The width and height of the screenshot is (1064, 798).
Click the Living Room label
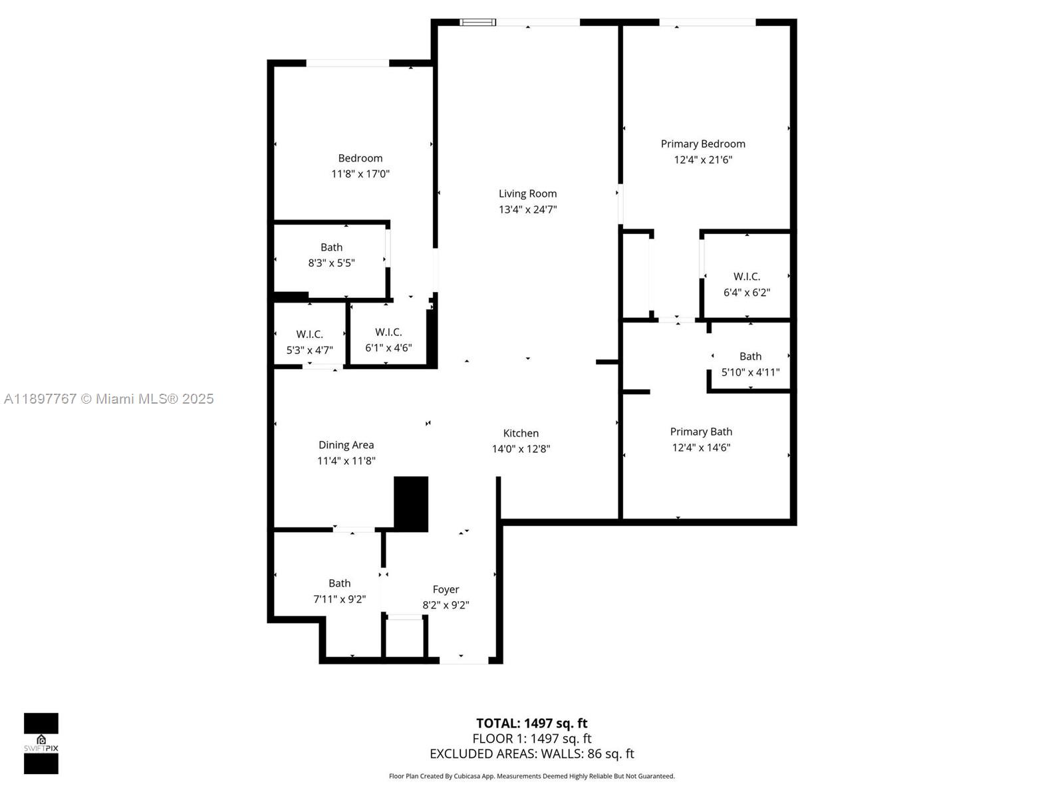pyautogui.click(x=527, y=194)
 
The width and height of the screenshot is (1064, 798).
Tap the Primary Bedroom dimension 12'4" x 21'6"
pyautogui.click(x=703, y=160)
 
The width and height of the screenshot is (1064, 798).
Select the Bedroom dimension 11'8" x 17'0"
pyautogui.click(x=360, y=174)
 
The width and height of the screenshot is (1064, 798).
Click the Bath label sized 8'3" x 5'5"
pyautogui.click(x=331, y=247)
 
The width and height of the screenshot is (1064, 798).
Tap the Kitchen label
pyautogui.click(x=521, y=433)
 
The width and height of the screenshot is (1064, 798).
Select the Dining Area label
pyautogui.click(x=346, y=445)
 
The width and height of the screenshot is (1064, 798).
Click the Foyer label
pyautogui.click(x=446, y=589)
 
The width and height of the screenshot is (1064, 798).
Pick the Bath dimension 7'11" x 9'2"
pyautogui.click(x=339, y=599)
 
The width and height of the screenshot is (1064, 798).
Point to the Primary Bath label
pyautogui.click(x=701, y=432)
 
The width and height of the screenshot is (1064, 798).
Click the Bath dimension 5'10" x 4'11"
pyautogui.click(x=750, y=372)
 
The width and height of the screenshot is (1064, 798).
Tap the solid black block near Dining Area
pyautogui.click(x=411, y=503)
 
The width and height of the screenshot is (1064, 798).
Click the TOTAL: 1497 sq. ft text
pyautogui.click(x=531, y=724)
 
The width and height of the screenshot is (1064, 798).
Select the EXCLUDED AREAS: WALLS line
pyautogui.click(x=531, y=754)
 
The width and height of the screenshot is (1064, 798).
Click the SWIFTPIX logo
pyautogui.click(x=41, y=743)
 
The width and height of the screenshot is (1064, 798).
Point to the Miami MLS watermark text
pyautogui.click(x=109, y=399)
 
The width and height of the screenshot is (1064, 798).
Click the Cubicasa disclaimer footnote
pyautogui.click(x=531, y=776)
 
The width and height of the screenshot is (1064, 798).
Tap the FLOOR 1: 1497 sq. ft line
pyautogui.click(x=531, y=739)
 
